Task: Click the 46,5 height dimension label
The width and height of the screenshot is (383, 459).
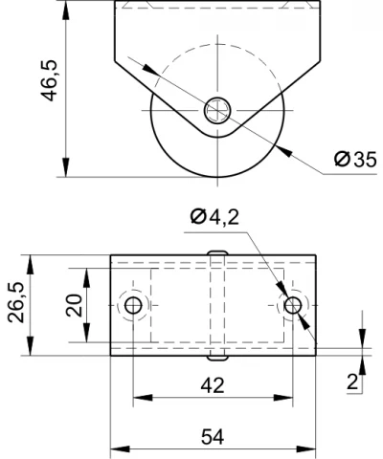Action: click(x=49, y=80)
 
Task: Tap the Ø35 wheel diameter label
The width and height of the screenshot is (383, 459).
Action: click(x=355, y=160)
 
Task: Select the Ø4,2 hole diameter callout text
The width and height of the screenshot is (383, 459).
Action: click(x=214, y=217)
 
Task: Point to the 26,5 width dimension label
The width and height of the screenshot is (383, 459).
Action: click(x=16, y=302)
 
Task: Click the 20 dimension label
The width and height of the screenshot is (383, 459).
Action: click(x=74, y=305)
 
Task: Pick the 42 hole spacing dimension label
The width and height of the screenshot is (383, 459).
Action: click(x=213, y=385)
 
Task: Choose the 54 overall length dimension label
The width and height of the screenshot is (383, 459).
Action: click(x=213, y=437)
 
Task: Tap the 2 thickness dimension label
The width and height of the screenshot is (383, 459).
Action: click(x=352, y=382)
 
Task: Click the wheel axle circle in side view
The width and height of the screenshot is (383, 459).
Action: click(x=217, y=110)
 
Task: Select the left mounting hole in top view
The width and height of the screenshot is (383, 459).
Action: click(x=133, y=305)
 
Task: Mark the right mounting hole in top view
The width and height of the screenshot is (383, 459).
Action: click(x=293, y=305)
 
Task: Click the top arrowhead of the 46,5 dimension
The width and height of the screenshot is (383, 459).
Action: click(x=66, y=11)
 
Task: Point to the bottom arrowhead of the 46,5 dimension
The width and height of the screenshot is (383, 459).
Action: click(x=66, y=167)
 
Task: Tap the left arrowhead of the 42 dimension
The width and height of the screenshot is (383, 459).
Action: click(x=143, y=398)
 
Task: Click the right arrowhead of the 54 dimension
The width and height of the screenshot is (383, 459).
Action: click(x=305, y=449)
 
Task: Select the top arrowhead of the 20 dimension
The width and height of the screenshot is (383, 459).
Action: click(x=86, y=278)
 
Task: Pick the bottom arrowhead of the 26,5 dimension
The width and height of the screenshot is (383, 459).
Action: click(x=31, y=345)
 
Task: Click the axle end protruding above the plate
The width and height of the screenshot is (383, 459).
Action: click(x=217, y=252)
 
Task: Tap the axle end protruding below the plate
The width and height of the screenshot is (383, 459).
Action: click(x=217, y=358)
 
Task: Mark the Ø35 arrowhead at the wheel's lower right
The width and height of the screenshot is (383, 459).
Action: click(x=284, y=151)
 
